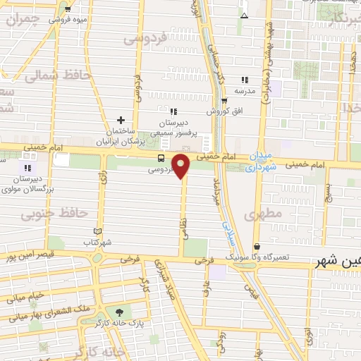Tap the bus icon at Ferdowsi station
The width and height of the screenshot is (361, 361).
coord(161,158)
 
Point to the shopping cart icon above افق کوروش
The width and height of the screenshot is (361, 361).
coord(224,100)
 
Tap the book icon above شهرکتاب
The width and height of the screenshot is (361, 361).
coord(97,231)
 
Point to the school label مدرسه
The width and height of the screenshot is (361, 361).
coord(244,91)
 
